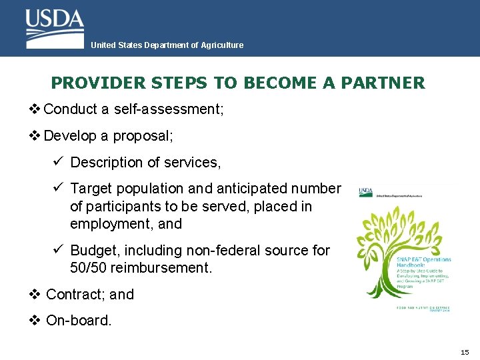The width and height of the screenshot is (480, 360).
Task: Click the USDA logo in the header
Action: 55,28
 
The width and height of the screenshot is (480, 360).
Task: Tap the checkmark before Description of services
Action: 58,162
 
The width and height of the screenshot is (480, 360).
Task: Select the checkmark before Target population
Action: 58,189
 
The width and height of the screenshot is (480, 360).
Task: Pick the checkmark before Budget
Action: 58,250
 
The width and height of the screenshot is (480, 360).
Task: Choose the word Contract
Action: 72,294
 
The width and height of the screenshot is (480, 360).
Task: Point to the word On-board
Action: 79,321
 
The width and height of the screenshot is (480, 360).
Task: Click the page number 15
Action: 465,351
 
